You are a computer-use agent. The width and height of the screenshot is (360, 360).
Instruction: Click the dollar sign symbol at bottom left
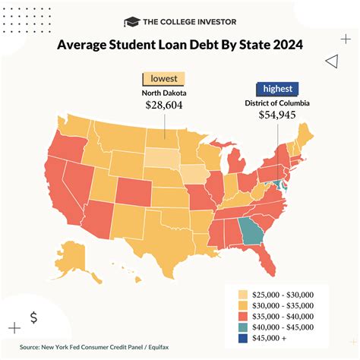pyautogui.click(x=33, y=317)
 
